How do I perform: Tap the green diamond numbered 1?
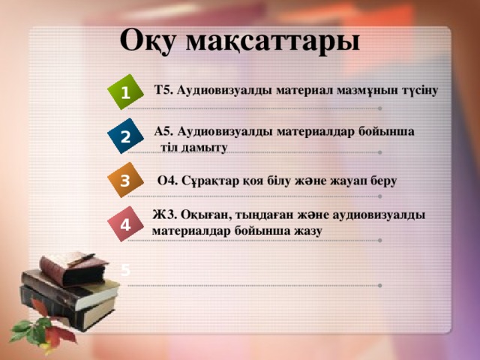point(124,92)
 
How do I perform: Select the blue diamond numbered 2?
point(124,136)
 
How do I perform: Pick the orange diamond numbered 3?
point(124,180)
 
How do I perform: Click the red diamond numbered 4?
point(124,223)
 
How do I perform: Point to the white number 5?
point(125,269)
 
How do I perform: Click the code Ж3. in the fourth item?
point(165,215)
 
